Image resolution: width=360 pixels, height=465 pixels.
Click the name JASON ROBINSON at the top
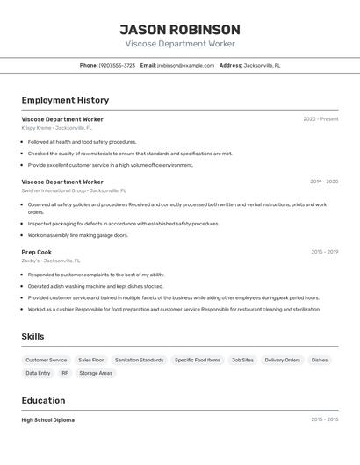(x=179, y=29)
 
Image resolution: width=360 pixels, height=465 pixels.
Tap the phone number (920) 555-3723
(x=117, y=65)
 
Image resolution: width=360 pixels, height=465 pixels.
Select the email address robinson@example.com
(x=185, y=65)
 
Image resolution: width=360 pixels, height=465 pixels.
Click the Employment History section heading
(x=65, y=100)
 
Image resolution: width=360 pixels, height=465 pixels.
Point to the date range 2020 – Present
(x=320, y=119)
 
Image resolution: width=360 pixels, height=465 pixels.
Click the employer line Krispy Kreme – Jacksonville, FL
(x=57, y=128)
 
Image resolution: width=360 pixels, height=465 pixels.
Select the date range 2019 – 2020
(x=324, y=182)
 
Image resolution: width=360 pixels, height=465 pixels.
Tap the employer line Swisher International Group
(x=74, y=190)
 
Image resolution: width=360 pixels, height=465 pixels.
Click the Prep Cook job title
(x=37, y=252)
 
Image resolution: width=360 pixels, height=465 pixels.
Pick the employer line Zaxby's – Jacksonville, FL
(x=51, y=261)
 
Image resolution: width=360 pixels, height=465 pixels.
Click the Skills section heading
(x=33, y=337)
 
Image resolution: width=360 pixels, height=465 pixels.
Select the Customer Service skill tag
(x=46, y=360)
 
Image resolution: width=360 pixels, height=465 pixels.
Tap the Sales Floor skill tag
(x=91, y=360)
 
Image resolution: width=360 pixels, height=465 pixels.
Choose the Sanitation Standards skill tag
(x=139, y=360)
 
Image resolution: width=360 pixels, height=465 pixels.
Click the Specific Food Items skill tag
(x=198, y=360)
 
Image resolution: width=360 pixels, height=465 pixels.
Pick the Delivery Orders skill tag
(x=283, y=360)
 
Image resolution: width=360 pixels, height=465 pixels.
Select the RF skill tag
(x=65, y=373)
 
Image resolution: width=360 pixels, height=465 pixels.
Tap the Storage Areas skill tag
(x=96, y=373)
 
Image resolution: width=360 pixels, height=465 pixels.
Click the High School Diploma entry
(x=48, y=420)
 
